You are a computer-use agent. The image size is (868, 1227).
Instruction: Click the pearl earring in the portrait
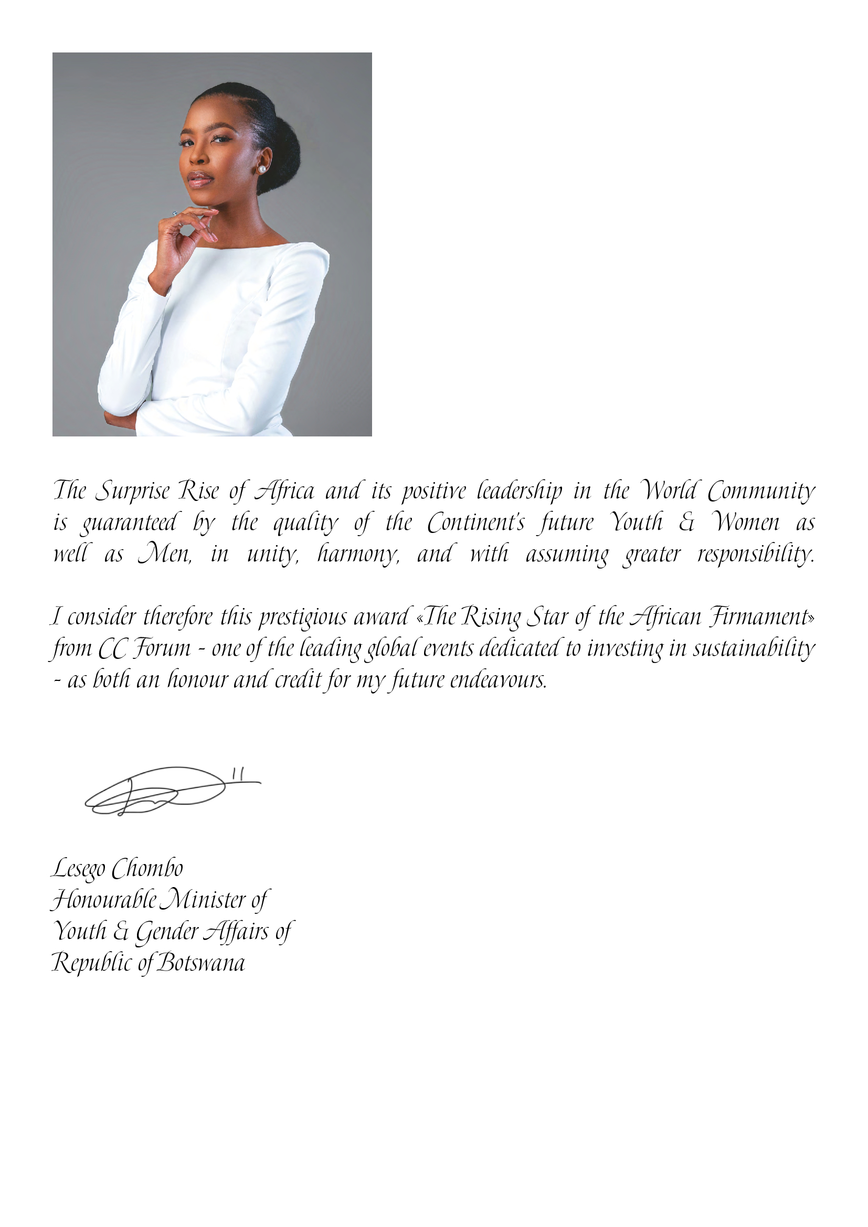262,169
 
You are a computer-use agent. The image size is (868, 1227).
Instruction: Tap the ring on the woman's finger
175,213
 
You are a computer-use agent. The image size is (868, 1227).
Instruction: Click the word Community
761,491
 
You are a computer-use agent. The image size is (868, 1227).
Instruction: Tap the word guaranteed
128,522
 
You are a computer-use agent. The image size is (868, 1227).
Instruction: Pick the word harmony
358,554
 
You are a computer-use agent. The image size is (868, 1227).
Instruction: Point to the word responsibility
756,554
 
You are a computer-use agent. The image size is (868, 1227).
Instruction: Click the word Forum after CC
162,649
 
